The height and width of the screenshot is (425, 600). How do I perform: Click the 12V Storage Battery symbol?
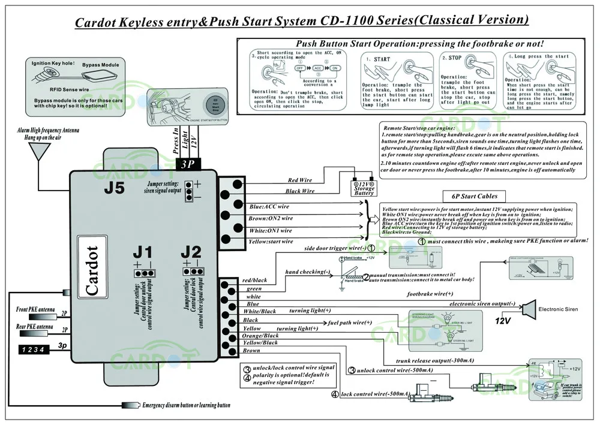pyautogui.click(x=364, y=186)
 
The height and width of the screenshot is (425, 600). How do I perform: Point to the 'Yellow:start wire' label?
pyautogui.click(x=271, y=241)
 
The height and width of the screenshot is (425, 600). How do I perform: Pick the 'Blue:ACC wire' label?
pyautogui.click(x=269, y=207)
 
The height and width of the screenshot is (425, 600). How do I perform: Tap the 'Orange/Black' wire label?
pyautogui.click(x=260, y=336)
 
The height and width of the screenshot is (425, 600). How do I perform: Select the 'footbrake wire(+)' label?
pyautogui.click(x=430, y=294)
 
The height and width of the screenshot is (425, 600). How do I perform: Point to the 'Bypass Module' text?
pyautogui.click(x=101, y=65)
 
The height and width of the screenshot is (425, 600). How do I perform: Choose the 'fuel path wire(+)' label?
pyautogui.click(x=350, y=322)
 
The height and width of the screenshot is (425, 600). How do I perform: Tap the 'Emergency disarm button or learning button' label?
pyautogui.click(x=186, y=405)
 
